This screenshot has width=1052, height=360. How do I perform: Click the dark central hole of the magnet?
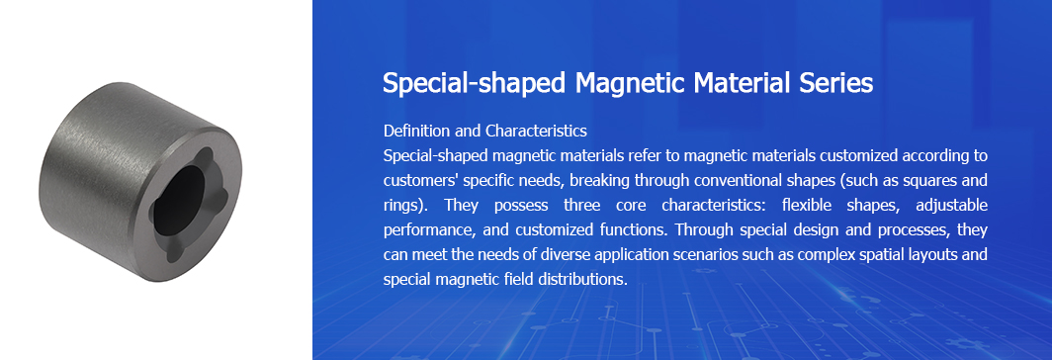click(x=178, y=200)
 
